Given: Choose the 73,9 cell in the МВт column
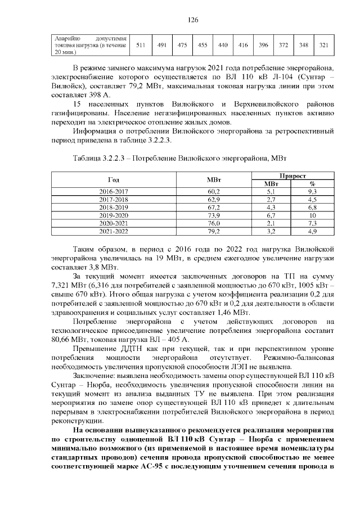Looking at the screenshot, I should (x=213, y=215).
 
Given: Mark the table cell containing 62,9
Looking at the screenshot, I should (x=213, y=200).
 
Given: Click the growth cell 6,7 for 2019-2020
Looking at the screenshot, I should (x=271, y=215).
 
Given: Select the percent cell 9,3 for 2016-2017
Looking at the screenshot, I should (x=313, y=192).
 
